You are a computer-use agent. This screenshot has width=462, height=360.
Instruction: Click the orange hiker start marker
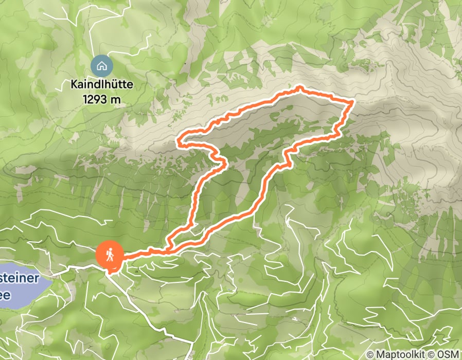(x=110, y=254)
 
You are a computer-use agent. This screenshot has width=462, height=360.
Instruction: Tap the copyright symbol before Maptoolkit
(x=370, y=354)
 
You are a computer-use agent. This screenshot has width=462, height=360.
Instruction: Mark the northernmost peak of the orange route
(x=299, y=88)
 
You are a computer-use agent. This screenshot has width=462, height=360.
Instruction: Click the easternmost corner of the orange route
(x=352, y=103)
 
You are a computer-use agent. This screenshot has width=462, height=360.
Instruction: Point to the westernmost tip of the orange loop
(x=179, y=142)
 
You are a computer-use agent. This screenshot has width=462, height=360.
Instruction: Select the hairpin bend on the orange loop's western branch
(x=225, y=163)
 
